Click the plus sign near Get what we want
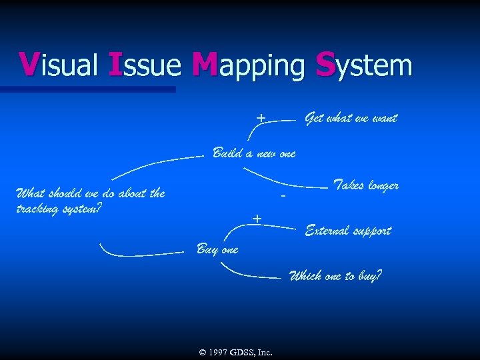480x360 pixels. tap(261, 118)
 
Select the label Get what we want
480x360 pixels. tap(351, 119)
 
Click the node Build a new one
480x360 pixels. tap(253, 153)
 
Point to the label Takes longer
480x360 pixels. tap(365, 185)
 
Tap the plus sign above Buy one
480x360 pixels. tap(257, 219)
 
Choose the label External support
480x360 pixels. tap(347, 231)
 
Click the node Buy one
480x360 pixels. tap(217, 249)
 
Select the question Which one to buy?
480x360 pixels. tap(335, 275)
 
